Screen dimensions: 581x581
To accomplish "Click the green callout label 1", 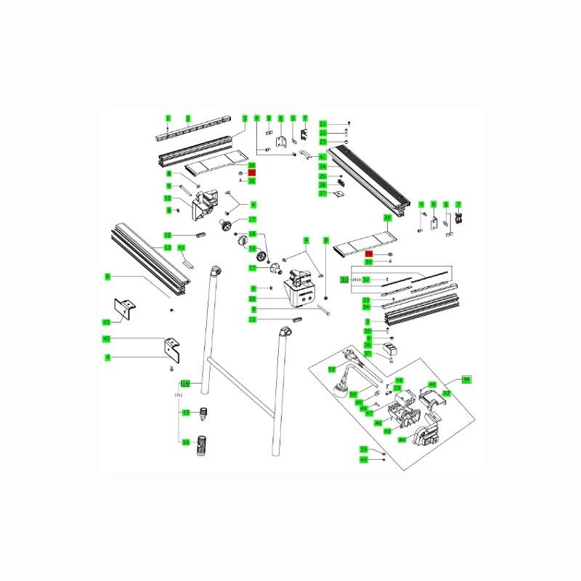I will point(167,118).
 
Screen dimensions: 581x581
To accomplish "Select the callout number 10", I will point(167,198).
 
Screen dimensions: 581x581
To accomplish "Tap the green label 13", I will point(167,248).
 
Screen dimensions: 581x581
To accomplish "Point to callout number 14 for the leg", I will point(185,383).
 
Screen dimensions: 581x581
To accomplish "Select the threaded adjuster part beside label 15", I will point(203,413).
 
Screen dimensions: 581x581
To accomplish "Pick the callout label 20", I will point(253,299).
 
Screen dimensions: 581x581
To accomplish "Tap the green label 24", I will point(323,167).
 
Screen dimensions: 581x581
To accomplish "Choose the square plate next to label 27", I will point(338,194).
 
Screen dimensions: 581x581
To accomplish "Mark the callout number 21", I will point(323,124).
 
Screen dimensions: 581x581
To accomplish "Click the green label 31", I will point(345,280).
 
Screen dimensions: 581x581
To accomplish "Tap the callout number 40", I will point(364,459).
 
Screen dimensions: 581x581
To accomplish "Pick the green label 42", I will point(106,339).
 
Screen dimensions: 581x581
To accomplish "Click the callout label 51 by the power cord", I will point(332,370).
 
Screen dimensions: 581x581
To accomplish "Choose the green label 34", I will point(367,307).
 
